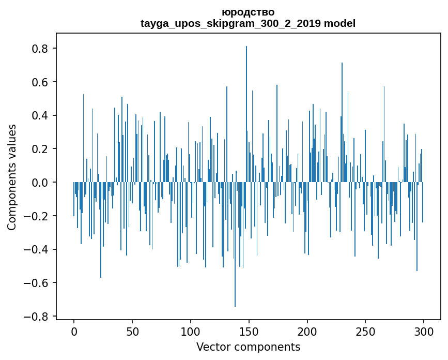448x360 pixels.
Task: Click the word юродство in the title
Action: [248, 12]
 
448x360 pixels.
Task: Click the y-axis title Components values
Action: [12, 177]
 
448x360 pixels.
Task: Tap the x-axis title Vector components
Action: [248, 347]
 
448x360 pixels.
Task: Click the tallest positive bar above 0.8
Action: [246, 114]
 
